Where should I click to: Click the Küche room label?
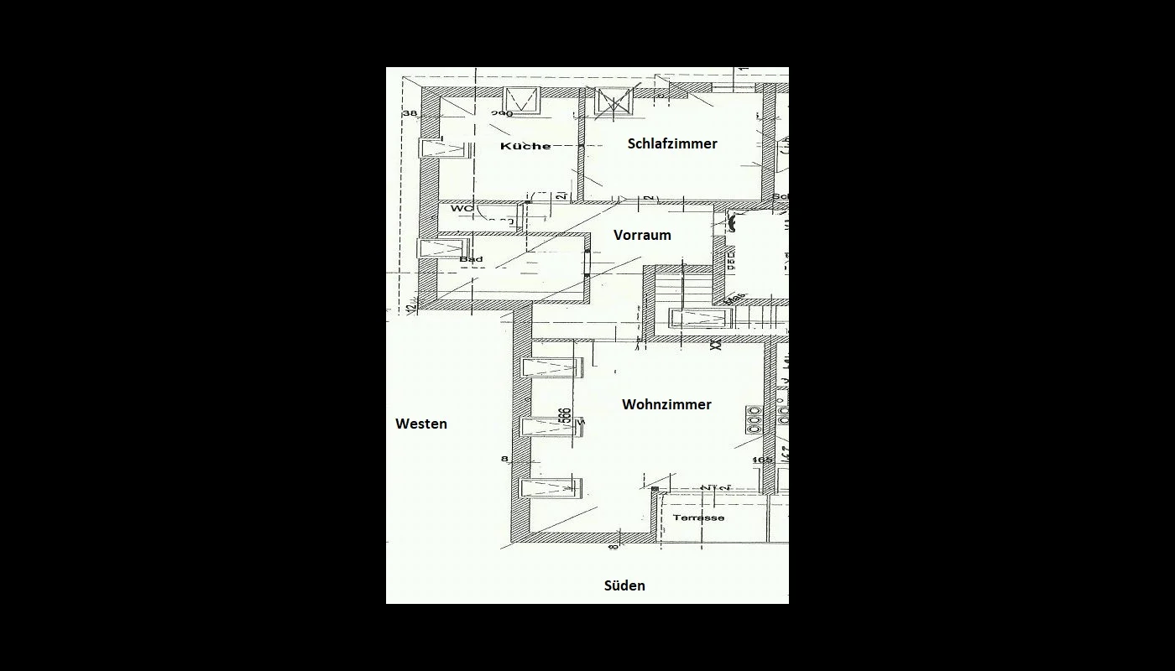525,146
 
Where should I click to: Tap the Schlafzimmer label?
672,143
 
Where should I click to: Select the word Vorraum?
642,235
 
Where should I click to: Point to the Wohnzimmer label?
666,404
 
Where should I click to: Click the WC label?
462,208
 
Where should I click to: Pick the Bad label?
471,259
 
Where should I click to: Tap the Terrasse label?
699,518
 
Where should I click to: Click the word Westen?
421,424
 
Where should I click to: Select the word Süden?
624,585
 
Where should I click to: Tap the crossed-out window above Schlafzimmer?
614,101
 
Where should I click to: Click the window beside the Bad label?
440,249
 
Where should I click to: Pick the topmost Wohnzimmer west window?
551,367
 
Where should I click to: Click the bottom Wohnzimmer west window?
550,487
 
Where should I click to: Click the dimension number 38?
410,113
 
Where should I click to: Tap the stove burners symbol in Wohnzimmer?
754,419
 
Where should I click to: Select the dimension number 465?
762,460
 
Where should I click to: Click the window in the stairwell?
701,318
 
